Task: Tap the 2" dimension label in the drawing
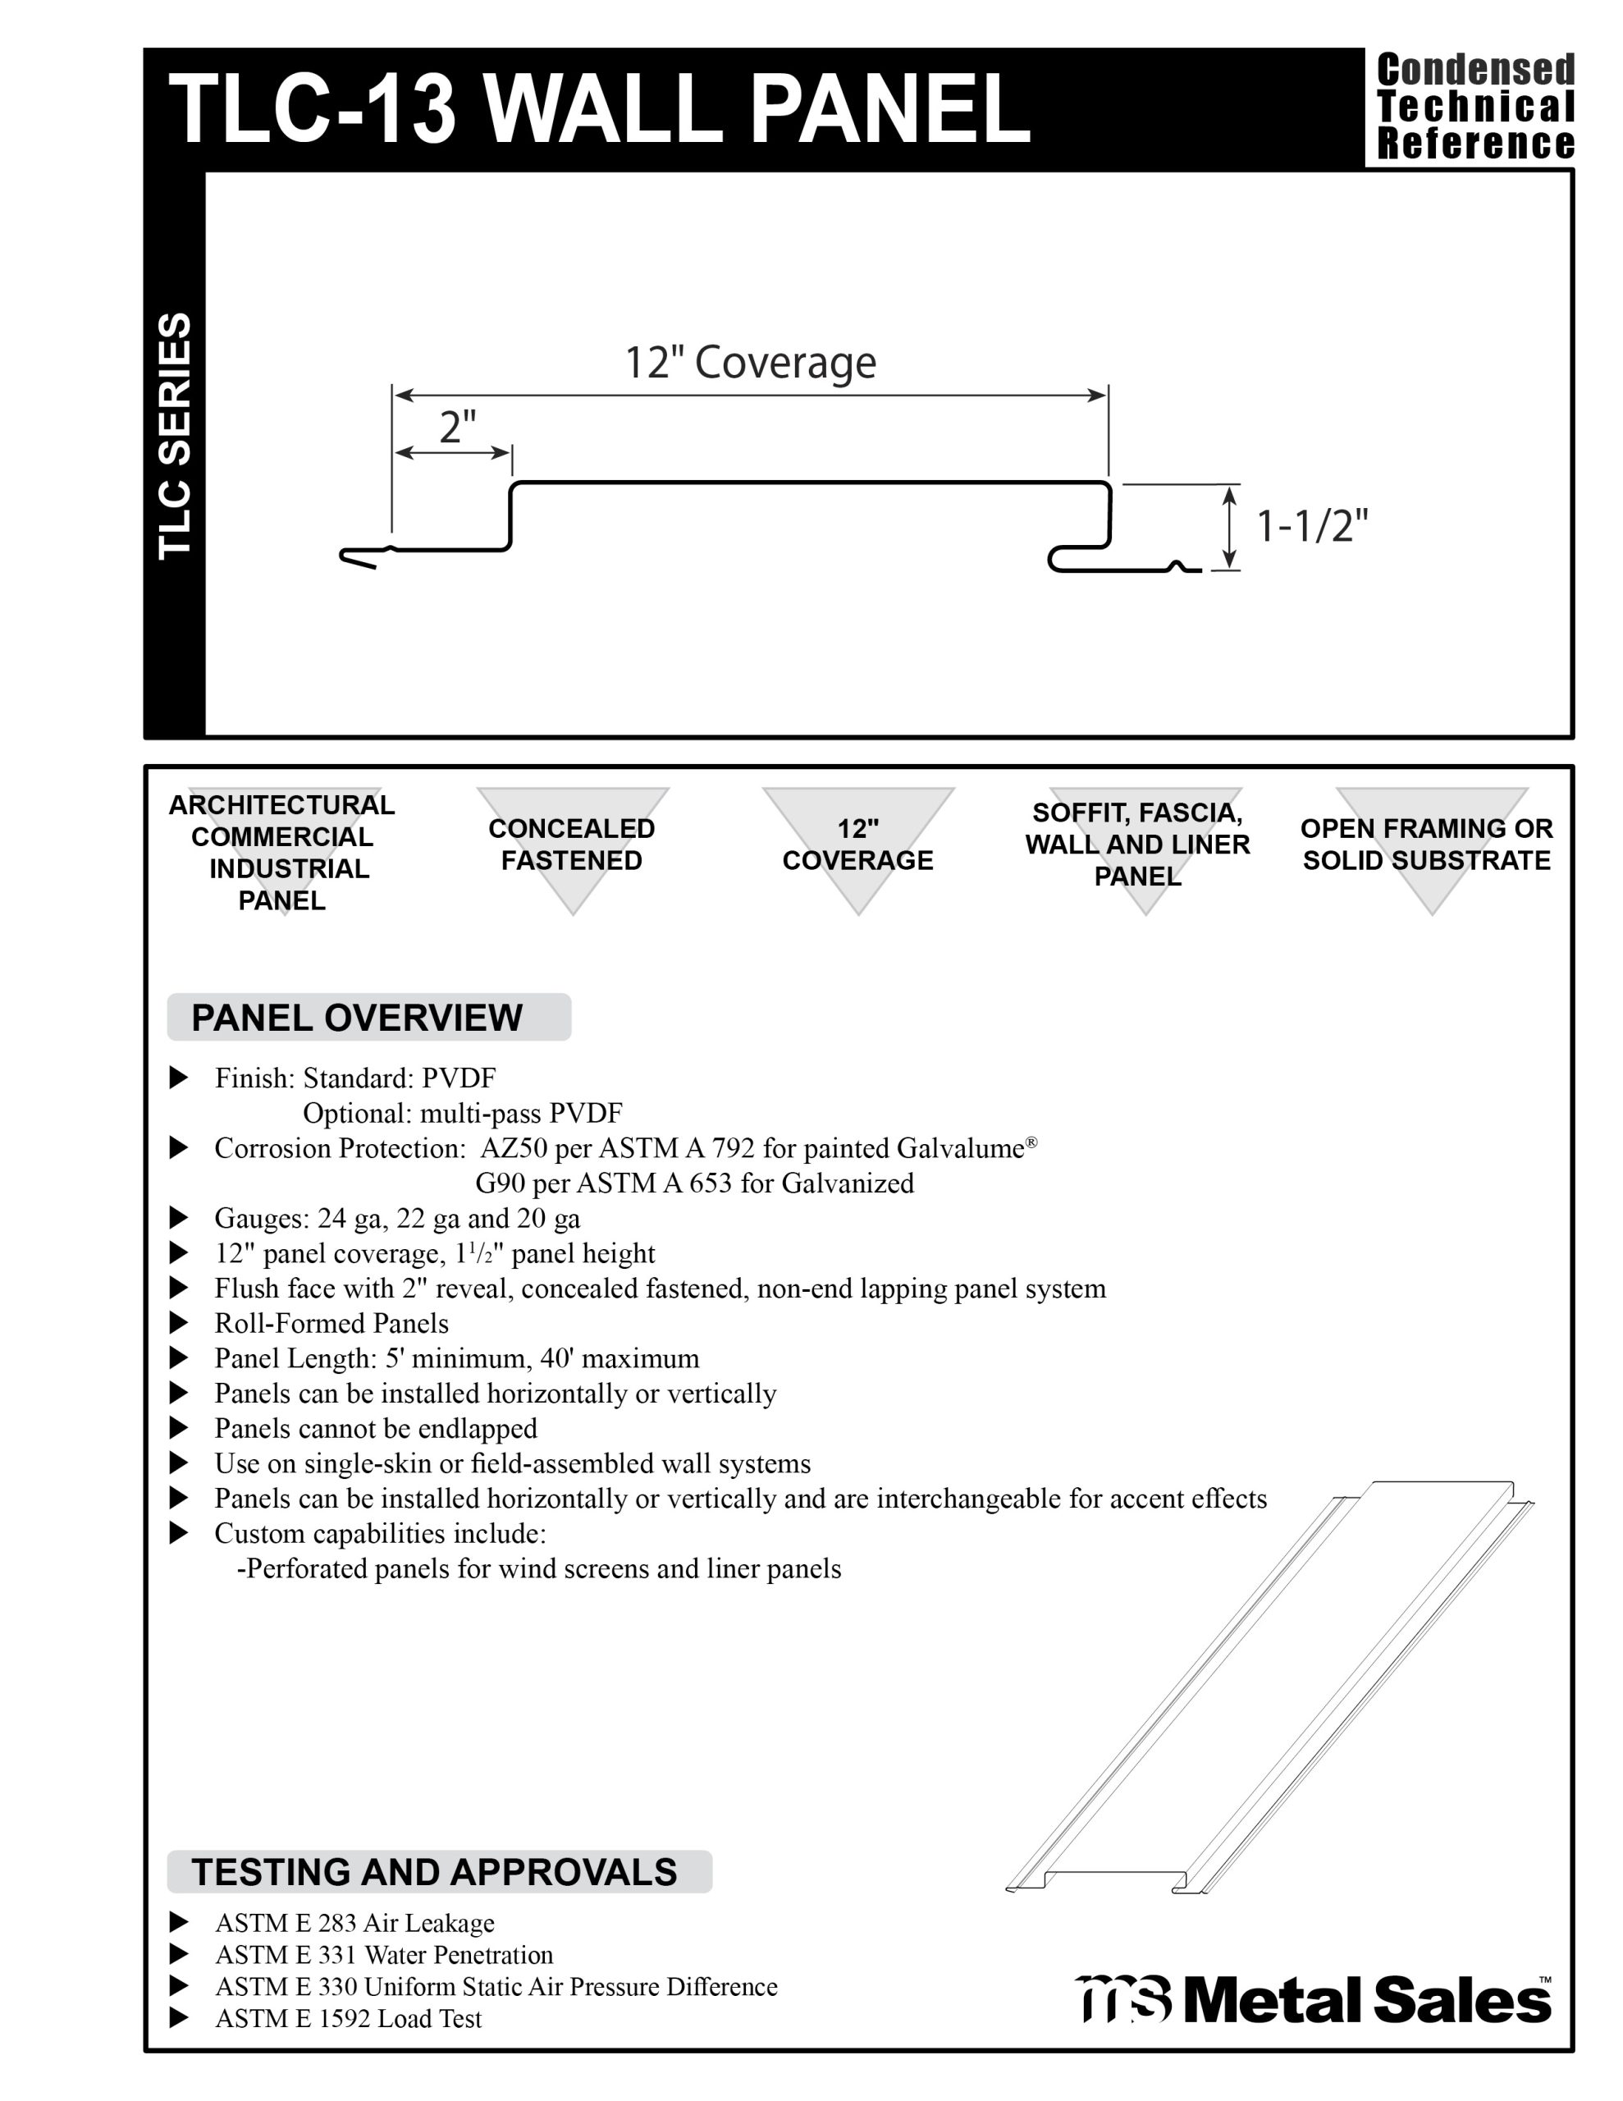[x=457, y=426]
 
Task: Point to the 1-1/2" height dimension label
[x=1312, y=526]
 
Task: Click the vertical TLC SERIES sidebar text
[x=174, y=435]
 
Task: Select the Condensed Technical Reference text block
[x=1474, y=107]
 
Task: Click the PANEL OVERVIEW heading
[x=357, y=1018]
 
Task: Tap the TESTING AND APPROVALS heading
[x=434, y=1872]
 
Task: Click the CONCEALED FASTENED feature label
[x=571, y=845]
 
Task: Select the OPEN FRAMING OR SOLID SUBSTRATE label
[x=1426, y=845]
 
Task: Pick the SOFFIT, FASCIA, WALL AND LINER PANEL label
[x=1137, y=845]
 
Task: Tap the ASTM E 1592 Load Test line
[x=348, y=2018]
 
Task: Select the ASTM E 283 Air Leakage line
[x=354, y=1923]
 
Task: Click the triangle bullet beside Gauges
[x=179, y=1218]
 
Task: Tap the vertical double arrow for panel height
[x=1228, y=527]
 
